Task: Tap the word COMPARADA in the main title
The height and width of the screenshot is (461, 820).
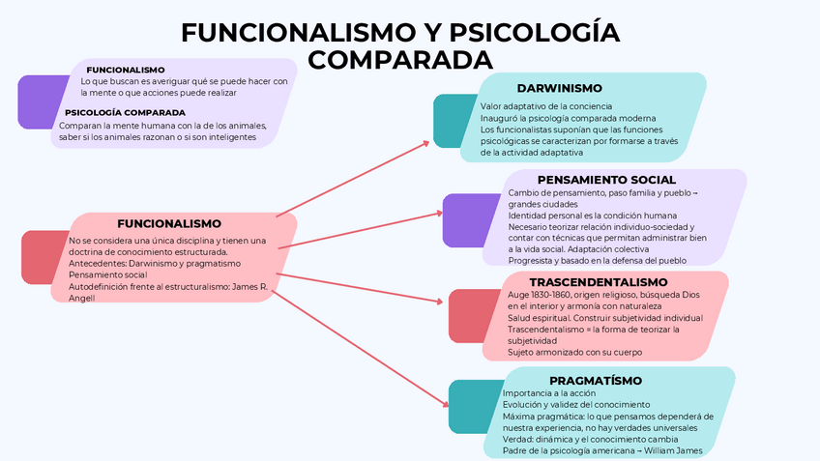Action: click(x=399, y=60)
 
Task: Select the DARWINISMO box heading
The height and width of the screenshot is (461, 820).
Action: click(x=559, y=88)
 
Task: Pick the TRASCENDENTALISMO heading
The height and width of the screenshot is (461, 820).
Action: click(x=599, y=281)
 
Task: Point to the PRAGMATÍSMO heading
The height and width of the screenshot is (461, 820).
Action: click(x=588, y=380)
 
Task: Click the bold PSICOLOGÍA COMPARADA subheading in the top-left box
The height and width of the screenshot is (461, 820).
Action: click(x=132, y=112)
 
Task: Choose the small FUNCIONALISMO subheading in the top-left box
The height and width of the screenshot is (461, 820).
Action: click(x=126, y=70)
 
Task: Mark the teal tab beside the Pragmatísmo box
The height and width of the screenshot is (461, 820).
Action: click(x=469, y=407)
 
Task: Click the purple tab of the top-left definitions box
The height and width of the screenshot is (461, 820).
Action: click(x=37, y=101)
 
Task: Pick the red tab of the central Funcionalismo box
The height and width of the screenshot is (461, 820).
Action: click(x=41, y=257)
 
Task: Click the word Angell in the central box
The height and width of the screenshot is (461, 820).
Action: click(x=82, y=299)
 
